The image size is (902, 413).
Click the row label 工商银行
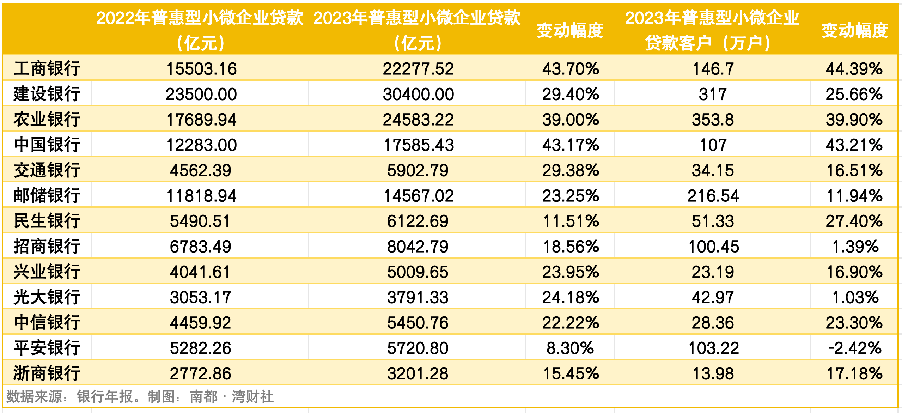pyautogui.click(x=47, y=68)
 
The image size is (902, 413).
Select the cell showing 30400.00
pyautogui.click(x=418, y=94)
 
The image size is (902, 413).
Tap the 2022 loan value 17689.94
pyautogui.click(x=201, y=120)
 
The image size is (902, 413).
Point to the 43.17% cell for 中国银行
pyautogui.click(x=570, y=145)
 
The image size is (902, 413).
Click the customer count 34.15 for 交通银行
pyautogui.click(x=713, y=170)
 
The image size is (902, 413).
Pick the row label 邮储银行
pyautogui.click(x=47, y=196)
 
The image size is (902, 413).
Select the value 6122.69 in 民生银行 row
pyautogui.click(x=418, y=221)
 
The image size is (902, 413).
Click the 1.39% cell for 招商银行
pyautogui.click(x=855, y=247)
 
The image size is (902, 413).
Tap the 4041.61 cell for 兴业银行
pyautogui.click(x=200, y=272)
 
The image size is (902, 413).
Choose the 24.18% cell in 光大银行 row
pyautogui.click(x=570, y=297)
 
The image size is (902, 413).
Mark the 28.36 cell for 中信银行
pyautogui.click(x=713, y=323)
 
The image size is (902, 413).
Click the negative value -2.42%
pyautogui.click(x=855, y=348)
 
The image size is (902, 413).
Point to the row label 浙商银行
pyautogui.click(x=47, y=373)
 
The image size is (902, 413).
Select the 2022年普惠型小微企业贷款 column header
pyautogui.click(x=200, y=30)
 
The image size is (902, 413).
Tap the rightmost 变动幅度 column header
pyautogui.click(x=855, y=30)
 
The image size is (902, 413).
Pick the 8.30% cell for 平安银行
pyautogui.click(x=570, y=348)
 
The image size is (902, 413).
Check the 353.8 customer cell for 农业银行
pyautogui.click(x=713, y=120)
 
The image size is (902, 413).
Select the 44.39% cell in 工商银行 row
pyautogui.click(x=854, y=68)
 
